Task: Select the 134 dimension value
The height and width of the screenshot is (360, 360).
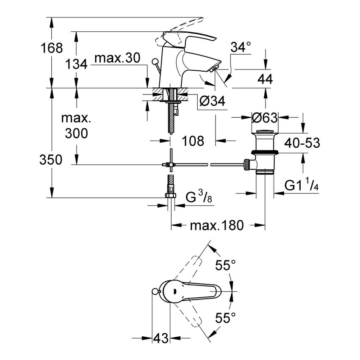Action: (77, 64)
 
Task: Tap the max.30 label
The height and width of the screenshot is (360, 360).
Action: (116, 59)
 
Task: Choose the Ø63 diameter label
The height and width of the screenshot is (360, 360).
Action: (266, 117)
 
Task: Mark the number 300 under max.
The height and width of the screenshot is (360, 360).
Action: (77, 134)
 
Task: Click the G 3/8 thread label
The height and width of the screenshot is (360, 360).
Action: (199, 197)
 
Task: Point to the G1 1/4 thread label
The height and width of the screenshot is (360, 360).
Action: (301, 186)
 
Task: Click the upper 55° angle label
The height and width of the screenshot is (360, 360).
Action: (225, 266)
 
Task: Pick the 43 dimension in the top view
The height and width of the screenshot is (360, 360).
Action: (160, 338)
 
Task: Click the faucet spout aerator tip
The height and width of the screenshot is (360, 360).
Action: (214, 68)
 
